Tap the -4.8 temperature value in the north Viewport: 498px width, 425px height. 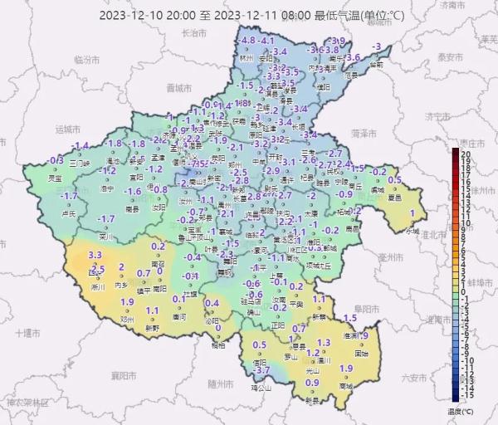pyautogui.click(x=247, y=41)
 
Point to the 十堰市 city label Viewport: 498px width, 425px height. pyautogui.click(x=29, y=332)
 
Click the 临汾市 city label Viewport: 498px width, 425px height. pyautogui.click(x=86, y=61)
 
